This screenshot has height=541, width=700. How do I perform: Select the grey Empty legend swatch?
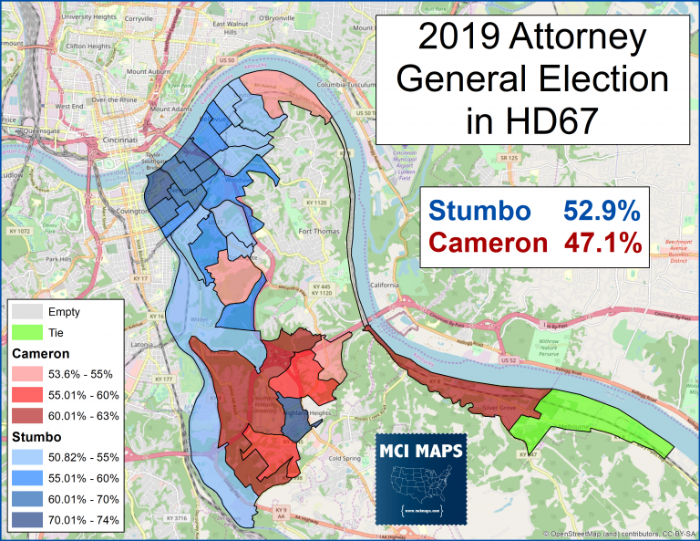26,312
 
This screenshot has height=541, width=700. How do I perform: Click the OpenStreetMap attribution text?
620,534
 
